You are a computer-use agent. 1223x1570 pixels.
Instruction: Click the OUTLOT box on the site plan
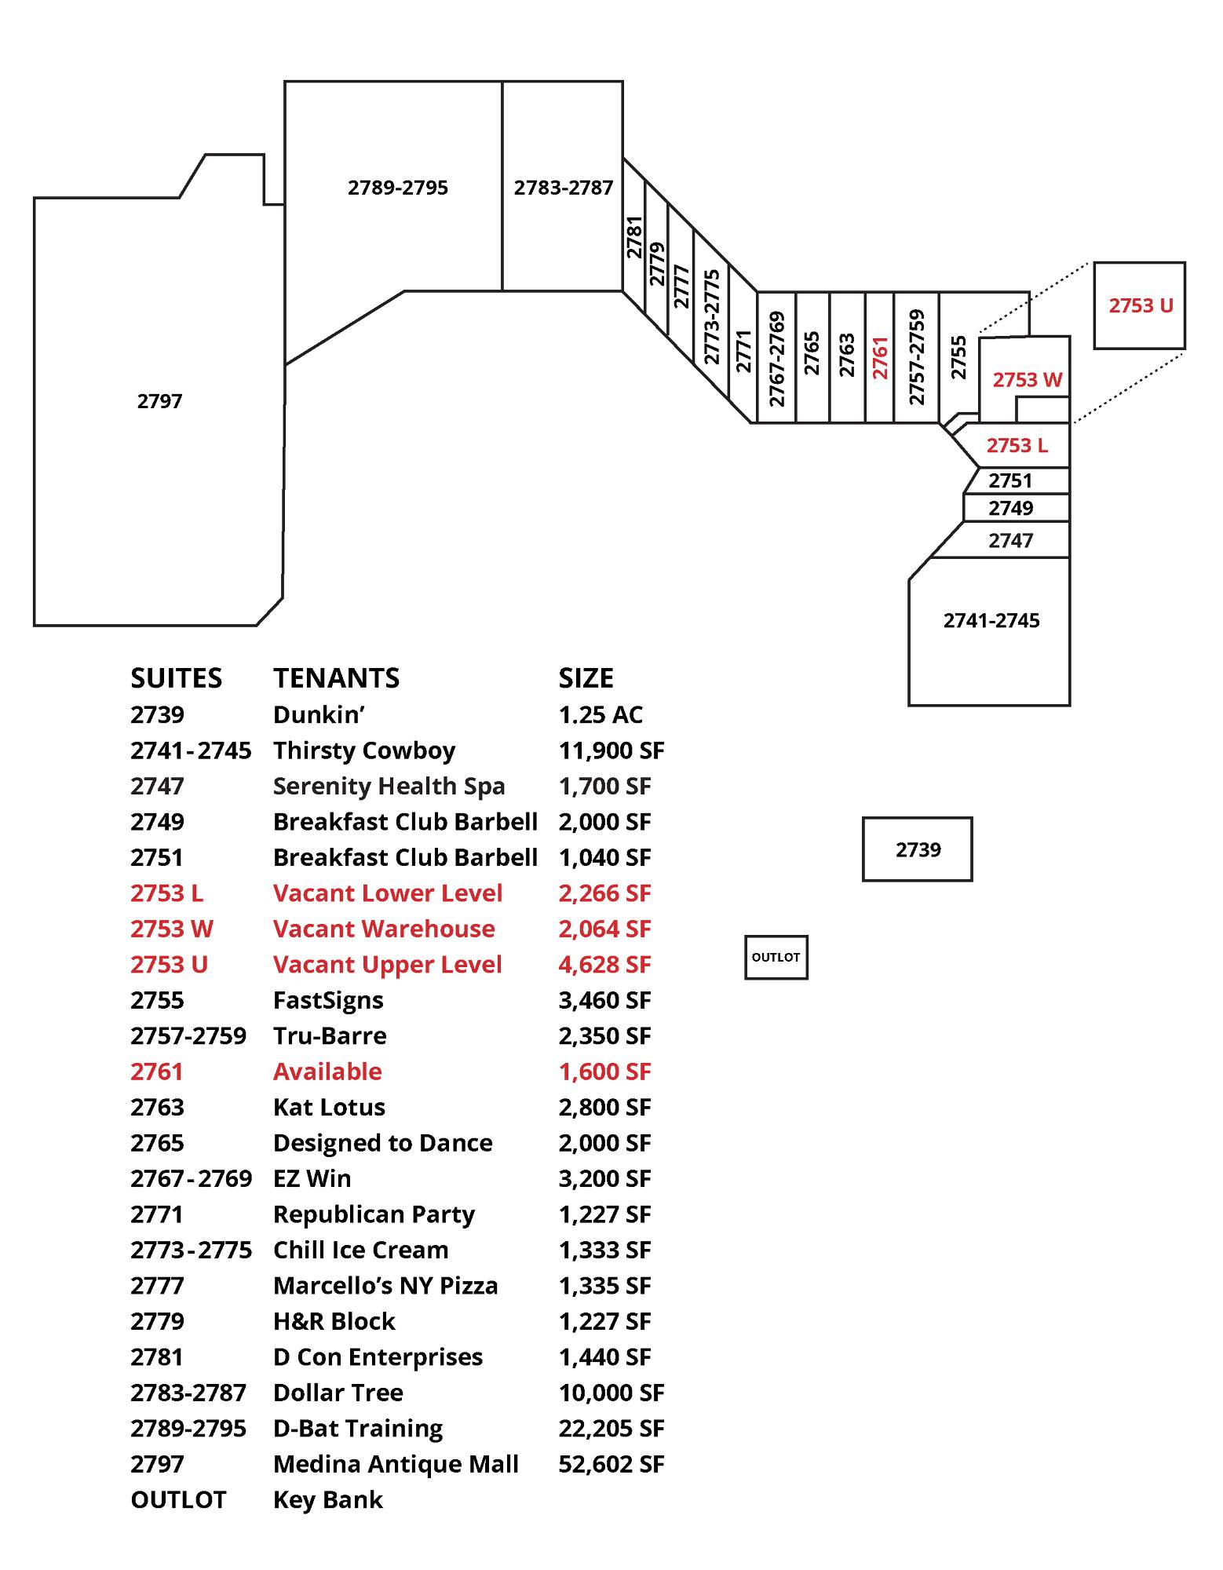pos(776,957)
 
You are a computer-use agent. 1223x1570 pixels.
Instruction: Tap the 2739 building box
pos(917,849)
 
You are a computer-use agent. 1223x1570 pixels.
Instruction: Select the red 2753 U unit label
pos(1140,305)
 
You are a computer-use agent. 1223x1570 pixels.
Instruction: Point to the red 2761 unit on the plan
pos(879,357)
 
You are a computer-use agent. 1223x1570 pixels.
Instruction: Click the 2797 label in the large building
pos(159,401)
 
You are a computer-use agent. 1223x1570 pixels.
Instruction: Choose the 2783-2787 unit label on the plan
pos(563,188)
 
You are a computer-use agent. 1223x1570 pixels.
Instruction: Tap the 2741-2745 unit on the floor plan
pos(991,621)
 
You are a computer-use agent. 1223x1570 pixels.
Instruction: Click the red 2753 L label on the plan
pos(1017,445)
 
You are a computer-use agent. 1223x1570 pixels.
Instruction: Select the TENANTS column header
pos(336,677)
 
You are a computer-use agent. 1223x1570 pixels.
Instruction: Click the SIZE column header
pos(586,677)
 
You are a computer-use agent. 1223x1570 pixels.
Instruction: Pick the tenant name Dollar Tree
pos(338,1393)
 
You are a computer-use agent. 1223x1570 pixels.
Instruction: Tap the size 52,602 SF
pos(611,1464)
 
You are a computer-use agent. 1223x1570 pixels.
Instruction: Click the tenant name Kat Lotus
pos(329,1107)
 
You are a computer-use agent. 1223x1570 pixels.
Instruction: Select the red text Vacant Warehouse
pos(384,929)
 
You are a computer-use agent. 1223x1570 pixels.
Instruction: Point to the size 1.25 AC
pos(601,714)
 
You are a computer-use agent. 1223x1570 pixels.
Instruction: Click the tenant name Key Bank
pos(327,1499)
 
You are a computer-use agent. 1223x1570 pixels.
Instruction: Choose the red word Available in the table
pos(327,1072)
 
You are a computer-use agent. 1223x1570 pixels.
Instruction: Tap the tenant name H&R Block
pos(334,1321)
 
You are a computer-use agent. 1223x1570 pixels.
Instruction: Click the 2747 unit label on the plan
pos(1010,540)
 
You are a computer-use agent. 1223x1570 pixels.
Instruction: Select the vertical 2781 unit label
pos(634,237)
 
